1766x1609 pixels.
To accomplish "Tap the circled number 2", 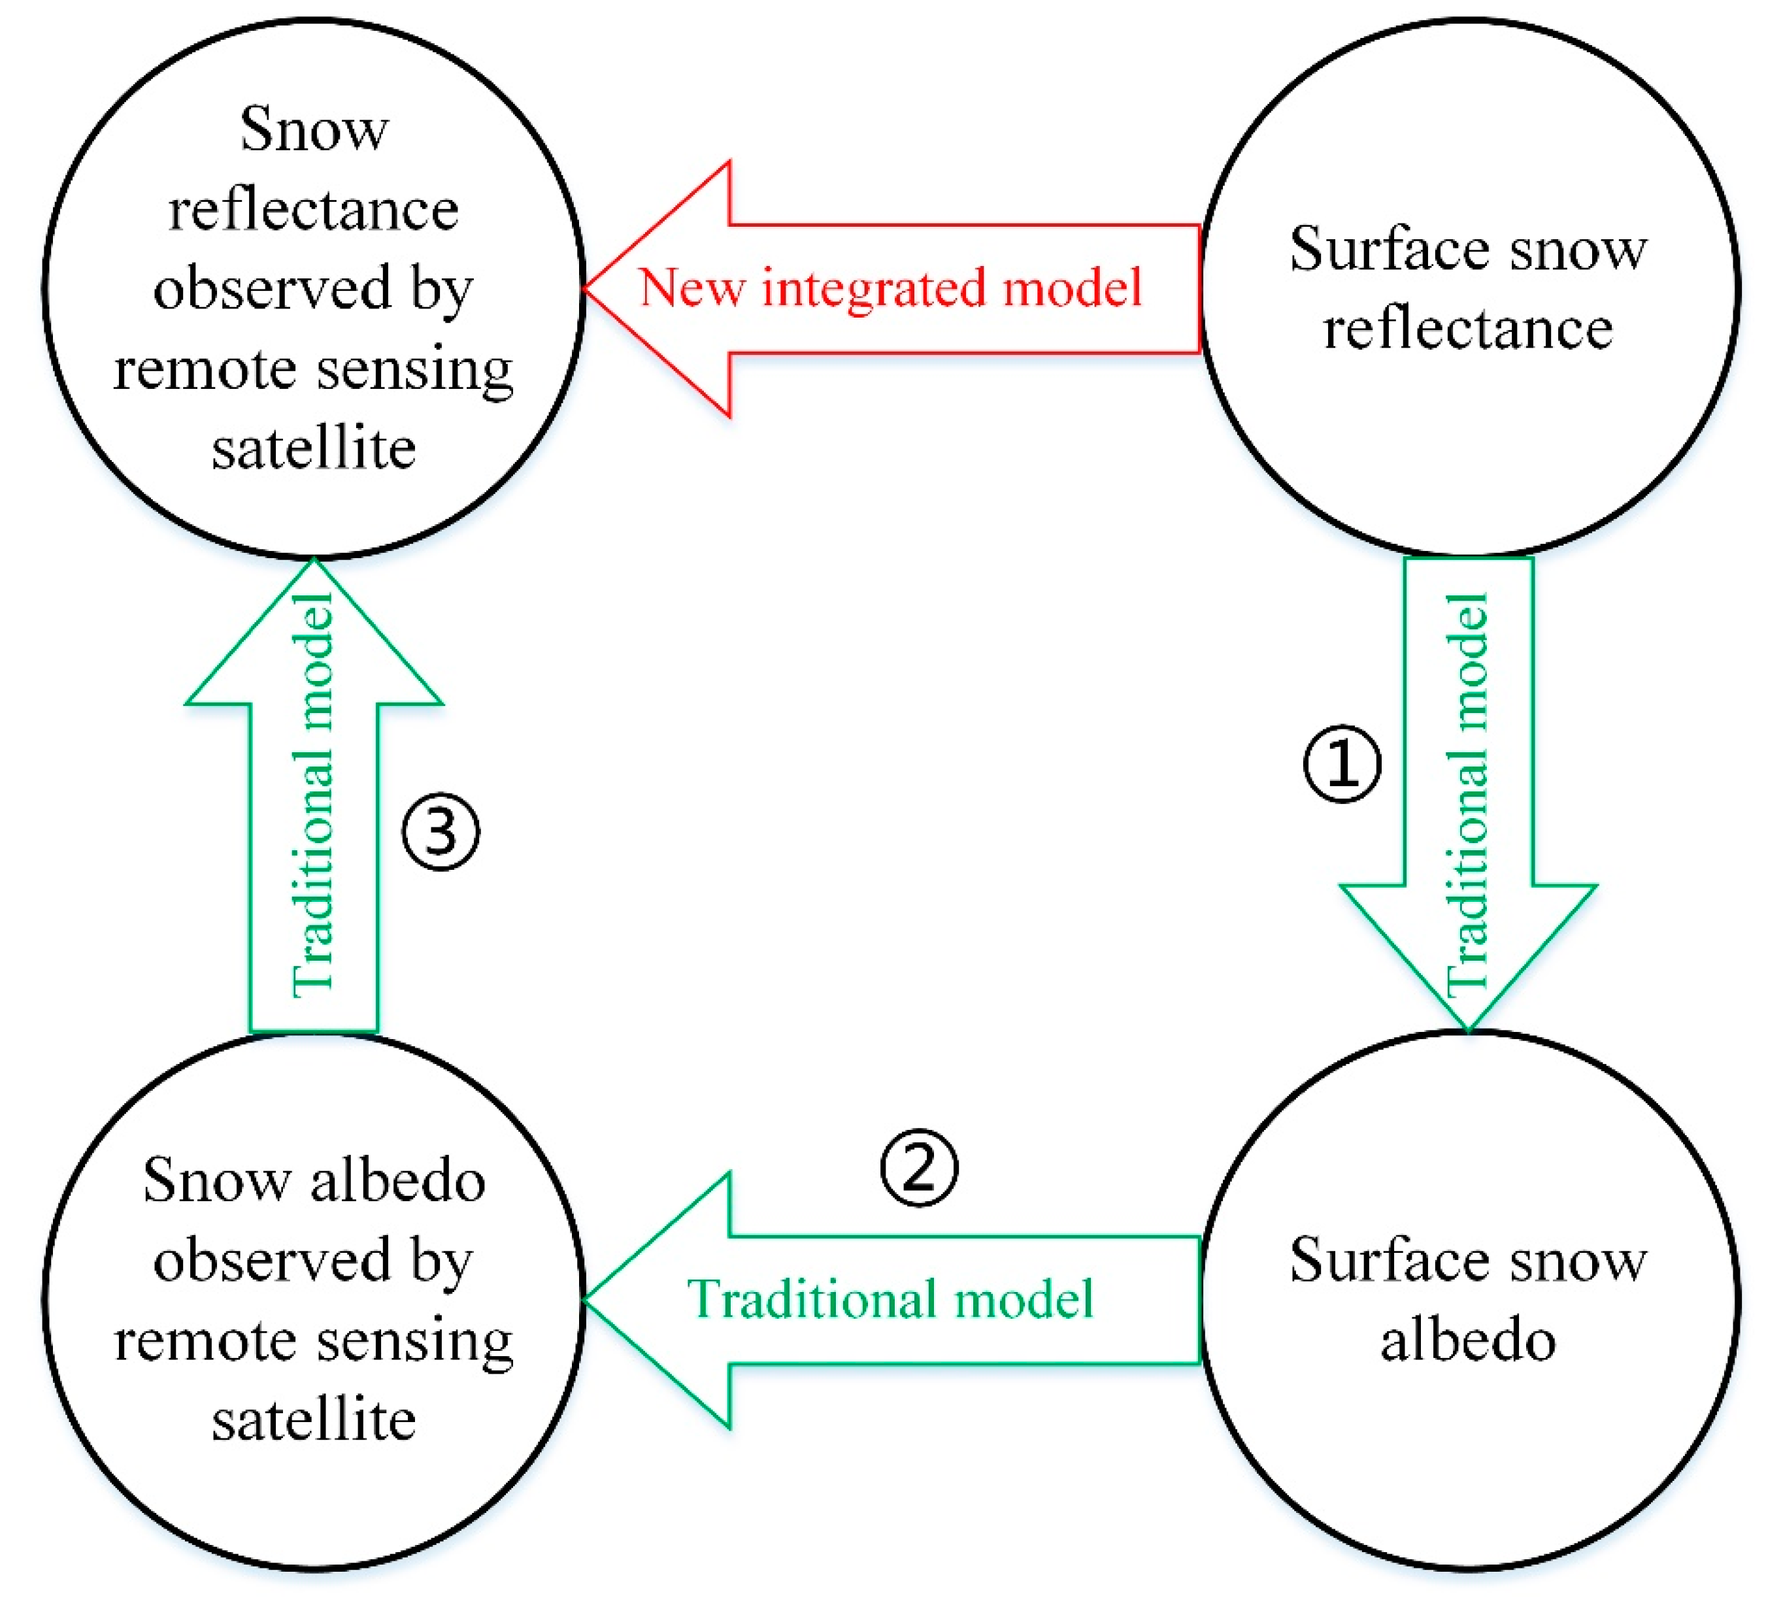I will [919, 1168].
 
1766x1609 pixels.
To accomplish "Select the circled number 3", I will [441, 831].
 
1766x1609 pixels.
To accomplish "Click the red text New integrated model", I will [891, 288].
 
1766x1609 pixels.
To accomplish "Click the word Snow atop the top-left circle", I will [314, 129].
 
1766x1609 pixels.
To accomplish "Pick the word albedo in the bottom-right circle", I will [1467, 1340].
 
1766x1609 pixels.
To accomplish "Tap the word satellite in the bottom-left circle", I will [314, 1420].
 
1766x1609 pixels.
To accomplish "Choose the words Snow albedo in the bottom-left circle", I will [314, 1181].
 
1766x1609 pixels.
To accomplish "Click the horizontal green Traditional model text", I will [891, 1299].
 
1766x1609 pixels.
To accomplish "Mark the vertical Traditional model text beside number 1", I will [1467, 795].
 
